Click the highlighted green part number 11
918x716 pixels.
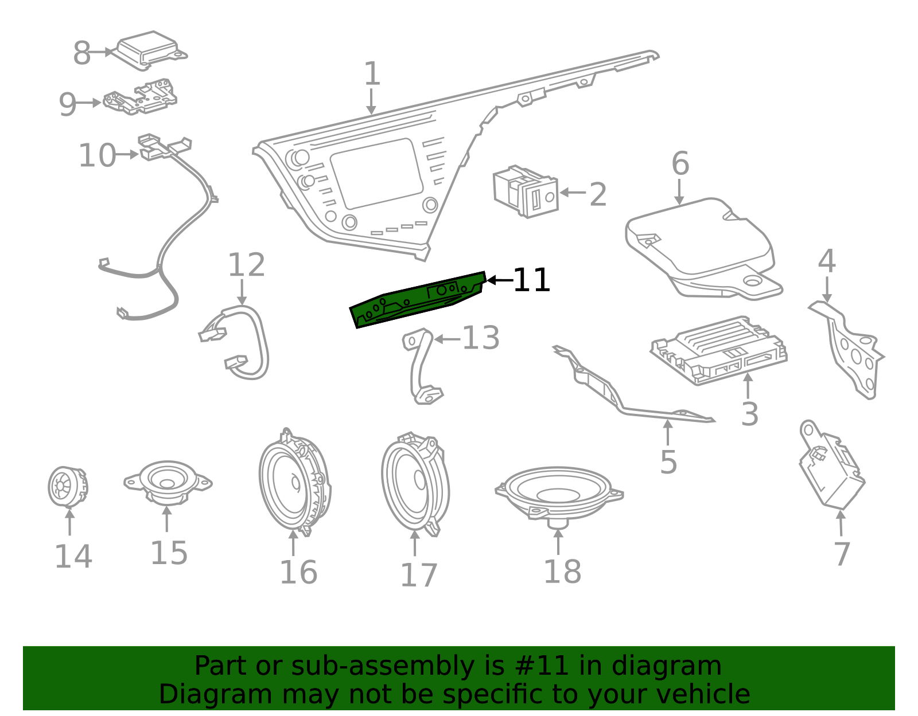tap(417, 300)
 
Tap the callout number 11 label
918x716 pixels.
tap(531, 280)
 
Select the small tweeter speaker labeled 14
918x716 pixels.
tap(68, 487)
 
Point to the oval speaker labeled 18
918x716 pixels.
tap(559, 496)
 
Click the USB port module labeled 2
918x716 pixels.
tap(526, 191)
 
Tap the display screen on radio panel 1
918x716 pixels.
tap(376, 174)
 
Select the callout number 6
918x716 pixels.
tap(680, 163)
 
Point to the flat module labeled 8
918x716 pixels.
tap(151, 50)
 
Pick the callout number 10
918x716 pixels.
tap(97, 155)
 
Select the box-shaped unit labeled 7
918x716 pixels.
tap(831, 465)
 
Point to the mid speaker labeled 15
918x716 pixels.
tap(168, 483)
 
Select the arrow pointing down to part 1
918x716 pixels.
tap(371, 101)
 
